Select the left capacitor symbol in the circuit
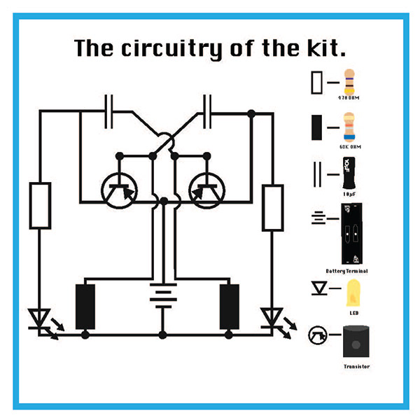click(108, 112)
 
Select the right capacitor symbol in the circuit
click(207, 112)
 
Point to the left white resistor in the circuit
click(40, 204)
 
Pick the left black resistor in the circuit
click(85, 307)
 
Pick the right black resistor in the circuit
click(229, 307)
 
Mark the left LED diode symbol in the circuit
click(41, 319)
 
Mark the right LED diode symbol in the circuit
click(270, 319)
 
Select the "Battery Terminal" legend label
click(347, 270)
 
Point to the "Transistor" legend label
click(356, 366)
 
